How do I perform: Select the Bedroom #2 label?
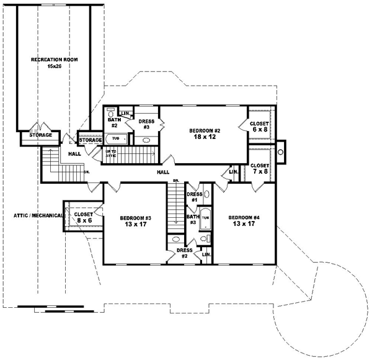[x=203, y=130]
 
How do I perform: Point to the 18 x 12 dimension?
[x=203, y=138]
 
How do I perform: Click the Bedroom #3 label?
[x=135, y=218]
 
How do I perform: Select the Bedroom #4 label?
[x=243, y=218]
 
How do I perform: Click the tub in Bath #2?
[x=116, y=139]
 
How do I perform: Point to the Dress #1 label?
[x=193, y=197]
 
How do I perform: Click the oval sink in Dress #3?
[x=147, y=140]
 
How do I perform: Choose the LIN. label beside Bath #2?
[x=125, y=113]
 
